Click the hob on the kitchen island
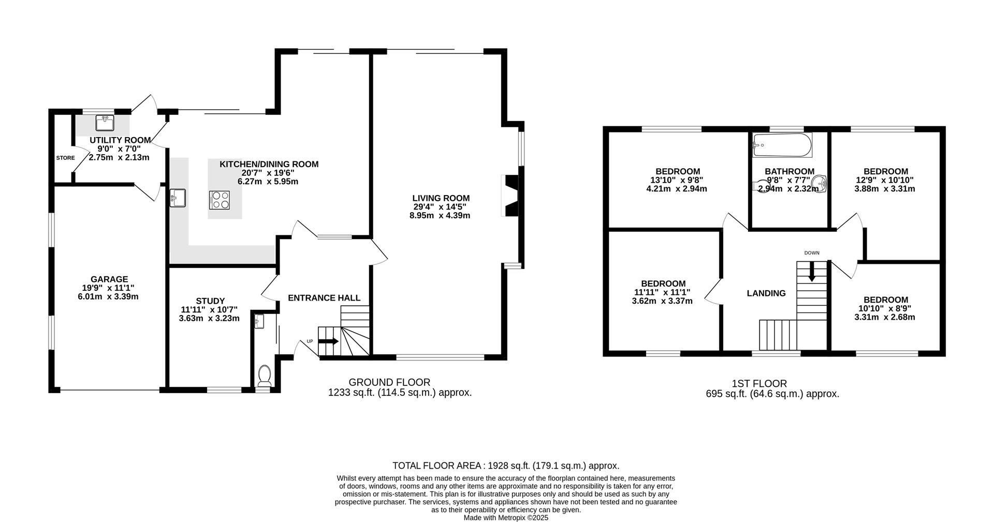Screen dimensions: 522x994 (x=219, y=200)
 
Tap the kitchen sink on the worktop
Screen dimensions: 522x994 (x=178, y=198)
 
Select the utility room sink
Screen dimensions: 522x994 (x=105, y=123)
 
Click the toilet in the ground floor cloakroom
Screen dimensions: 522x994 (x=265, y=376)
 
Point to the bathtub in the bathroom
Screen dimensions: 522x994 (x=782, y=145)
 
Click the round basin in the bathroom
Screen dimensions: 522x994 (x=819, y=183)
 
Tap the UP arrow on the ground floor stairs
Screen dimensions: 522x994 (x=328, y=341)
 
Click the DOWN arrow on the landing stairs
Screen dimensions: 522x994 (x=812, y=271)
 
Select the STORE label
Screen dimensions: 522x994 (x=65, y=158)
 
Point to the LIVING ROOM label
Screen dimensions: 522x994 (x=441, y=198)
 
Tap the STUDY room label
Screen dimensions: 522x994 (x=210, y=301)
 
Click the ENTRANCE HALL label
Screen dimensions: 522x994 (x=324, y=298)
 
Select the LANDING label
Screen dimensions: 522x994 (x=766, y=293)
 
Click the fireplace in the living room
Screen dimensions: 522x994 (x=510, y=196)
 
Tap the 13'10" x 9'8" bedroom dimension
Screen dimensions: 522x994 (x=677, y=180)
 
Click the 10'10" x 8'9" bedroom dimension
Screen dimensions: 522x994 (x=884, y=308)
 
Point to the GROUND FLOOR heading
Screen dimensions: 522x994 (x=389, y=382)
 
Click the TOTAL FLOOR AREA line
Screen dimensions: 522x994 (x=505, y=466)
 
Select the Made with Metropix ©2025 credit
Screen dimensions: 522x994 (x=505, y=517)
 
